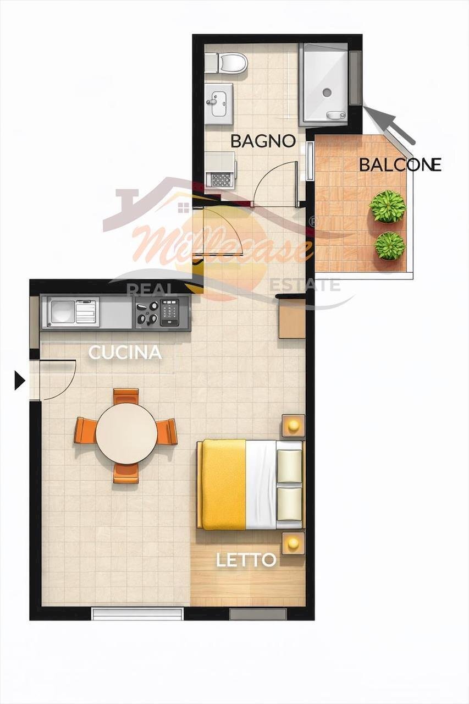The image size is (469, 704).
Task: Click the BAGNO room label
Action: (x=263, y=141)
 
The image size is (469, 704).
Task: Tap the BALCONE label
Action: (x=400, y=164)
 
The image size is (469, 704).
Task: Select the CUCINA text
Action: (x=125, y=353)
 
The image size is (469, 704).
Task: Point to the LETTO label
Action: (x=246, y=560)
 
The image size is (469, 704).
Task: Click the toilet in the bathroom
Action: (x=230, y=63)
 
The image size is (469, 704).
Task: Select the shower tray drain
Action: (x=327, y=92)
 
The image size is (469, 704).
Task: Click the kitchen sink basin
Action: (x=61, y=312)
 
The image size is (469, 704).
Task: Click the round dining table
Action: (x=126, y=433)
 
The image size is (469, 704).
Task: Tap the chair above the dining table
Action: (x=126, y=395)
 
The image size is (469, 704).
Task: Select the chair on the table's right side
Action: (x=167, y=432)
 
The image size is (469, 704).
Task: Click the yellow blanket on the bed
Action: (x=223, y=484)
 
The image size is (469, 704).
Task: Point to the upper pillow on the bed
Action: (x=289, y=466)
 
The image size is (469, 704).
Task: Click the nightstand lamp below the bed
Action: (x=293, y=543)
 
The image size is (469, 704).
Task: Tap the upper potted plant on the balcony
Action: (x=387, y=206)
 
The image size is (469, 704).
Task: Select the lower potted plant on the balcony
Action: (x=390, y=245)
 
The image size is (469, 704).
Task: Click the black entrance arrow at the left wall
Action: (x=19, y=380)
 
